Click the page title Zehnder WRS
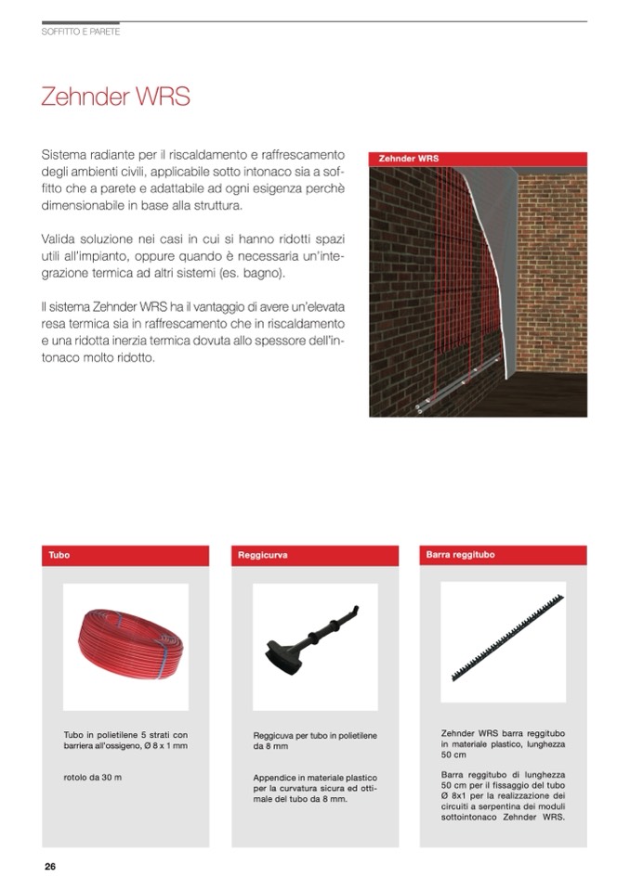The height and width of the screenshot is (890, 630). click(115, 97)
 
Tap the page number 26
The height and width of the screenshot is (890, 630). click(50, 866)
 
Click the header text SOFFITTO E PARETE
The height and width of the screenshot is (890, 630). click(81, 32)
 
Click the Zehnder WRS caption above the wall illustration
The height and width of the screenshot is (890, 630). click(409, 159)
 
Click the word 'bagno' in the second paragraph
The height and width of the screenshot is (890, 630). click(264, 276)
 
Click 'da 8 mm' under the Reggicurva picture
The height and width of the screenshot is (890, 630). click(269, 746)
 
